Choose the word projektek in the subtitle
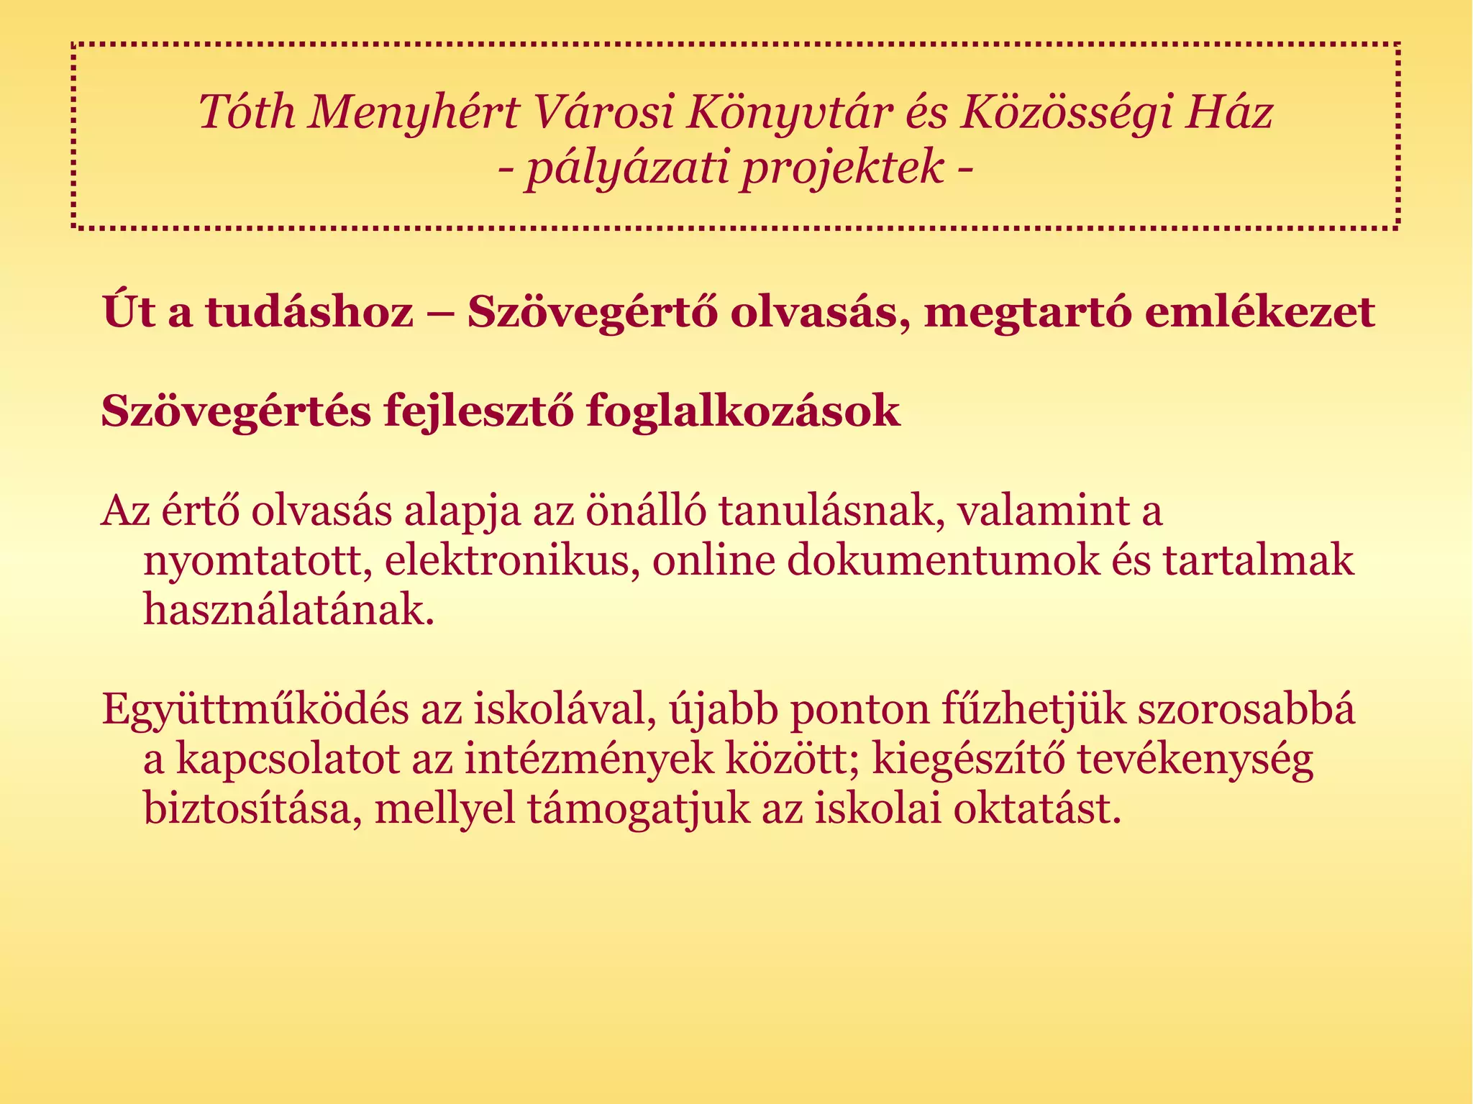coord(842,168)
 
